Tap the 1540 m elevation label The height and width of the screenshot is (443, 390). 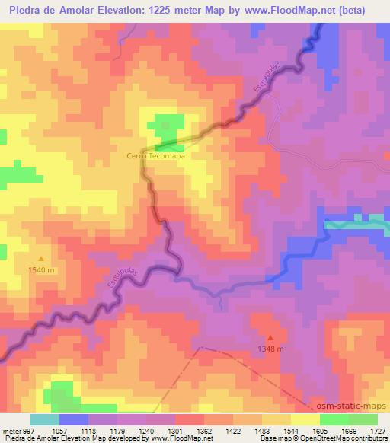point(41,269)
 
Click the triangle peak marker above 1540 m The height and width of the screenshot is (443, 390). point(41,259)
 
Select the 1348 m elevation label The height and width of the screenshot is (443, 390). point(270,349)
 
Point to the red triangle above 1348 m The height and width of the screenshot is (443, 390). point(270,337)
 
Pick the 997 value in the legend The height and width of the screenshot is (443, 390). point(28,431)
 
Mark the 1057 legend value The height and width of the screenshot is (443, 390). point(59,431)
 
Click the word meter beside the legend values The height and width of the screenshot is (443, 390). point(11,431)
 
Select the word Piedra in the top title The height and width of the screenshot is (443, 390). point(26,11)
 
